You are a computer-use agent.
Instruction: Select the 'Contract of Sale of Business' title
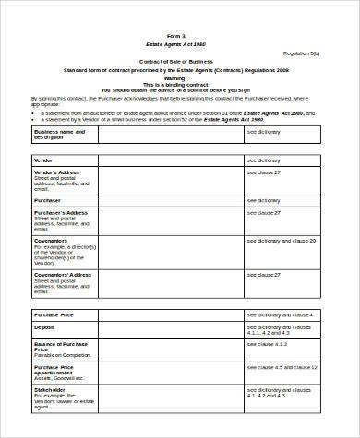[176, 61]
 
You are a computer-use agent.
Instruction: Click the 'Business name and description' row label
[59, 135]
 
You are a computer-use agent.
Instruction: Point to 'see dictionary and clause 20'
[281, 240]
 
